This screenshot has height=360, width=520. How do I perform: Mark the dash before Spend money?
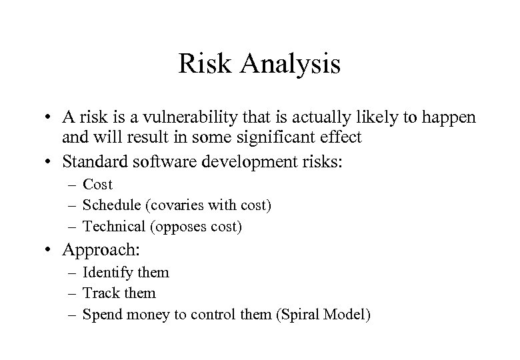73,314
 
